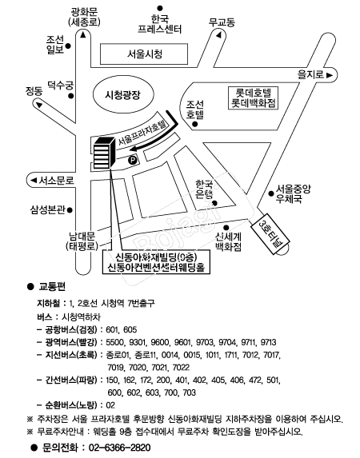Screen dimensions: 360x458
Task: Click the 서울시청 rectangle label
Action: [x=143, y=54]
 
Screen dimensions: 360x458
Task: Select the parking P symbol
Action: [x=133, y=160]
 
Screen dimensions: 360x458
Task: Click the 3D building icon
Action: [x=103, y=153]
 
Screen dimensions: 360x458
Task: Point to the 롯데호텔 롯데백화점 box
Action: [x=254, y=98]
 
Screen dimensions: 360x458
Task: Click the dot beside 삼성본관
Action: [x=70, y=209]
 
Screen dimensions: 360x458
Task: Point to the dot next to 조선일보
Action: [x=68, y=46]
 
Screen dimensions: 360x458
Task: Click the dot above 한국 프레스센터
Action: [x=160, y=8]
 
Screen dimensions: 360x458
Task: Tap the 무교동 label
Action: [x=222, y=22]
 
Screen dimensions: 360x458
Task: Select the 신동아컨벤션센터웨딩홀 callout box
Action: [x=157, y=262]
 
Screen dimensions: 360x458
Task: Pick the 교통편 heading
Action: [x=52, y=287]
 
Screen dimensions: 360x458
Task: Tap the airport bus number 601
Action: [x=111, y=330]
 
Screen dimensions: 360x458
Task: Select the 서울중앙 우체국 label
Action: [x=293, y=194]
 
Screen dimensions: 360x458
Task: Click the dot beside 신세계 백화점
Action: [x=226, y=228]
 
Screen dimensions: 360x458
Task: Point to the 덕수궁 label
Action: [x=61, y=86]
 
